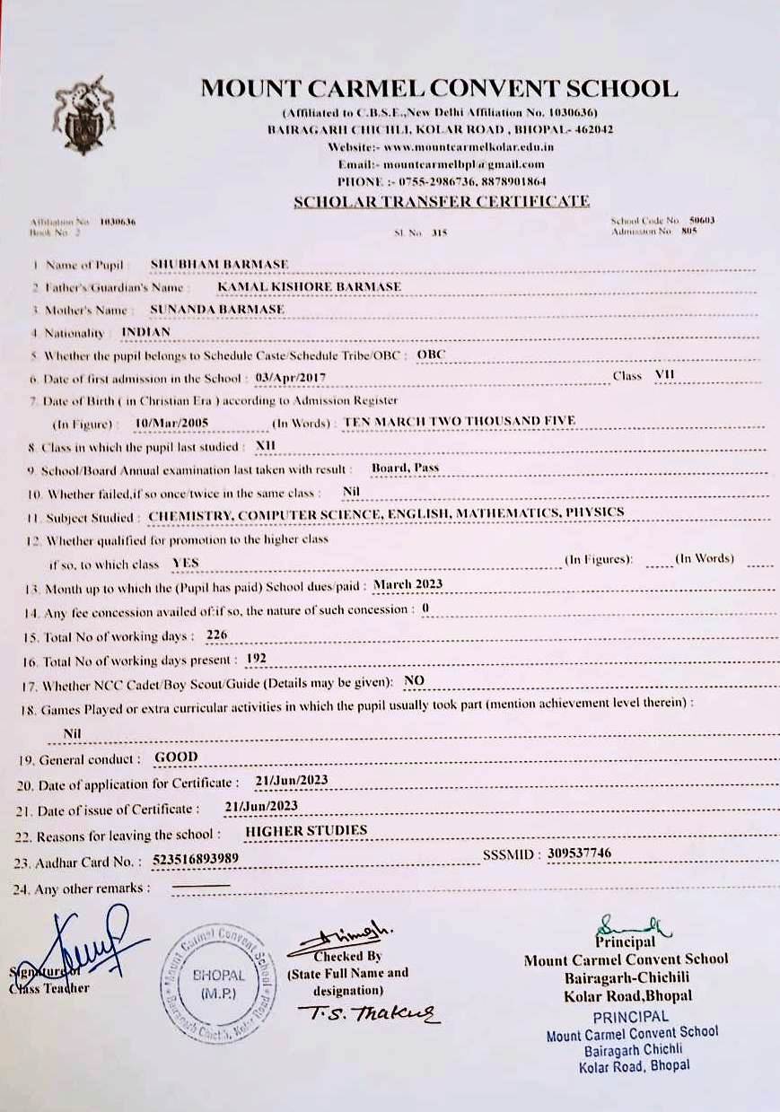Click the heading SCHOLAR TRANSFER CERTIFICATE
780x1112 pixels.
441,202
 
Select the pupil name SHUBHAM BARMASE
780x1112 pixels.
219,264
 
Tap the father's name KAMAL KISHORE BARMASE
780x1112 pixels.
309,286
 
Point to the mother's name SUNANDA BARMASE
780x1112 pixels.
217,309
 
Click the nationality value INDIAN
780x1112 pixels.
145,331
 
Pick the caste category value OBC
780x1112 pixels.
431,355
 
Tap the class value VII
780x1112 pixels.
665,375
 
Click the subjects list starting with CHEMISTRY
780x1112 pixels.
386,514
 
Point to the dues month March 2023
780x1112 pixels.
408,584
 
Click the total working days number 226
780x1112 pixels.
216,635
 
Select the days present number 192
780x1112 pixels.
256,659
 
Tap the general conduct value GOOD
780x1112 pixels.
176,757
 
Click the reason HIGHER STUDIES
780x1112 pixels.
306,831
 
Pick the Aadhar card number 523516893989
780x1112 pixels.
196,859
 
